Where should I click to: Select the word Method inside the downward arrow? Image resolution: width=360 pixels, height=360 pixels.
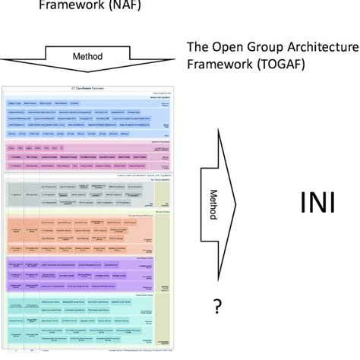point(87,55)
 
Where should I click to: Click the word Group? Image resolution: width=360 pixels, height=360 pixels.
point(263,47)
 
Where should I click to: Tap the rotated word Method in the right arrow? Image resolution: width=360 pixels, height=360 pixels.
point(214,204)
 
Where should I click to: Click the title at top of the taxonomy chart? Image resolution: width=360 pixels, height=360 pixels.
point(90,89)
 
